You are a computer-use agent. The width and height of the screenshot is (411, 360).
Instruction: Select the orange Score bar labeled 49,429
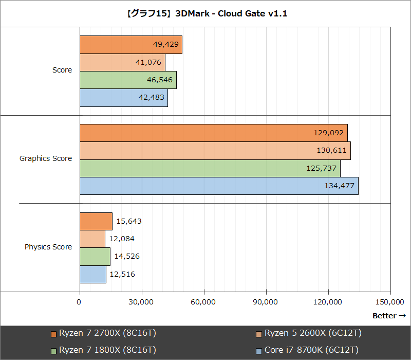[x=131, y=45]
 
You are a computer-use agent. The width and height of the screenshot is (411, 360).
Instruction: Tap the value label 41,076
[x=149, y=62]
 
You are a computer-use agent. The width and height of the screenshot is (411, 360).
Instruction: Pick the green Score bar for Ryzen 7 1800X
[x=128, y=80]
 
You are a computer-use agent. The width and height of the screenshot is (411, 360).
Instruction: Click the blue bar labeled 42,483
[x=123, y=98]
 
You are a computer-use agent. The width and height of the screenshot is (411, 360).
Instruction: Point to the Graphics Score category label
[x=46, y=158]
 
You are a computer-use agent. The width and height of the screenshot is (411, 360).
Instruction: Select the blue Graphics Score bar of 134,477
[x=219, y=186]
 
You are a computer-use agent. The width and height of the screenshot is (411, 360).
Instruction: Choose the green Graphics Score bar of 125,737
[x=210, y=168]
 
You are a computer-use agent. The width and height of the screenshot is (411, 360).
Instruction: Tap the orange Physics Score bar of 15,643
[x=96, y=221]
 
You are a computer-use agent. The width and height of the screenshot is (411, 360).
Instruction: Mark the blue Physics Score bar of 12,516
[x=93, y=274]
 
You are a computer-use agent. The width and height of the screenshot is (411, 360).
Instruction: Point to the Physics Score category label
[x=48, y=247]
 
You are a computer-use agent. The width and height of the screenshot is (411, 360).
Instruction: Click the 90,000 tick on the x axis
[x=266, y=302]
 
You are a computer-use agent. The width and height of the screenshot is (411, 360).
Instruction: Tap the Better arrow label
[x=389, y=316]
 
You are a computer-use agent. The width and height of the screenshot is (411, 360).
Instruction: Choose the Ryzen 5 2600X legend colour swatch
[x=259, y=334]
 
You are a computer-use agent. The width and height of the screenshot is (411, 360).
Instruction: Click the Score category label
[x=62, y=70]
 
